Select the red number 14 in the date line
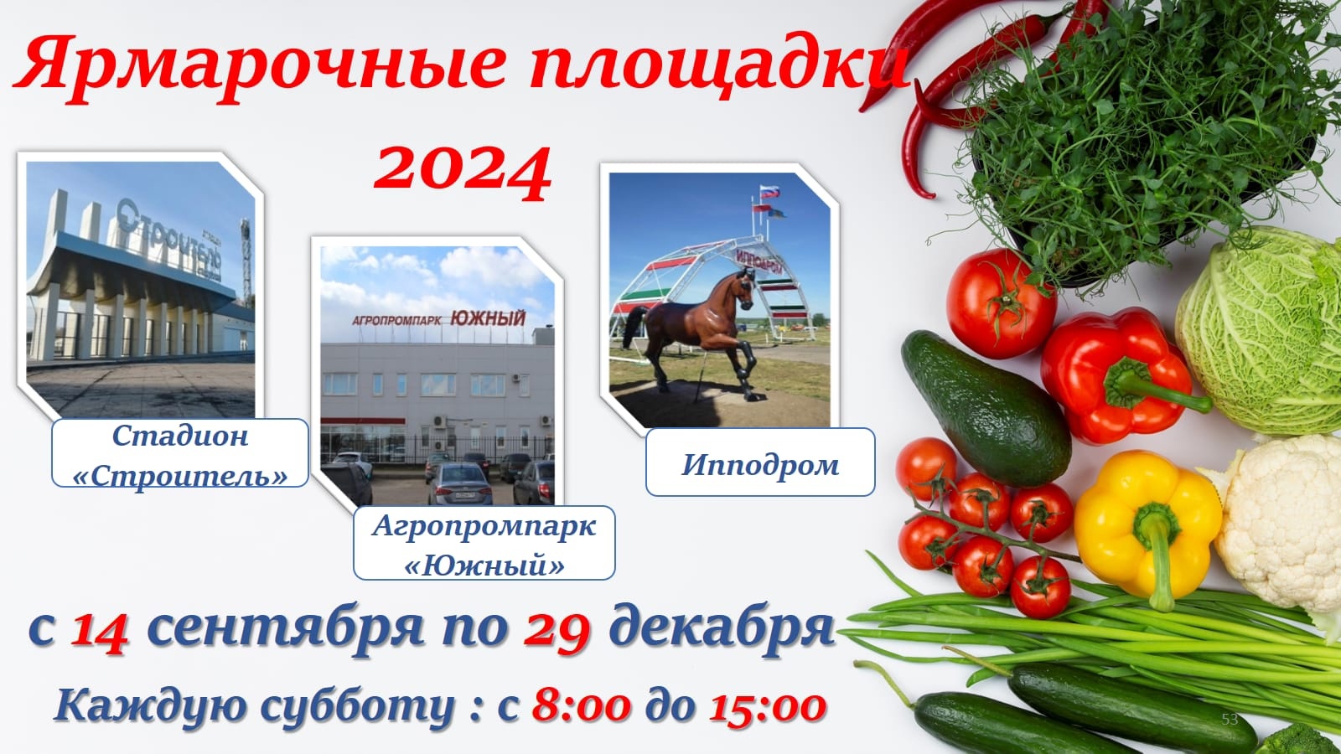click(x=100, y=633)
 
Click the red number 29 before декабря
click(x=557, y=632)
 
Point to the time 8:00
click(x=582, y=707)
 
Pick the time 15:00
click(x=768, y=707)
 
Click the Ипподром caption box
click(x=760, y=462)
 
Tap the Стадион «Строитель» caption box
click(x=180, y=453)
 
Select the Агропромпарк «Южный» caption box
click(x=484, y=543)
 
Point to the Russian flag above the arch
click(x=770, y=192)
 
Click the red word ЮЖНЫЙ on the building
click(x=488, y=318)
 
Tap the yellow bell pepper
click(x=1147, y=527)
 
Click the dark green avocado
click(x=985, y=407)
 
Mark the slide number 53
click(x=1230, y=720)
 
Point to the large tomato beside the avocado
click(x=1001, y=303)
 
